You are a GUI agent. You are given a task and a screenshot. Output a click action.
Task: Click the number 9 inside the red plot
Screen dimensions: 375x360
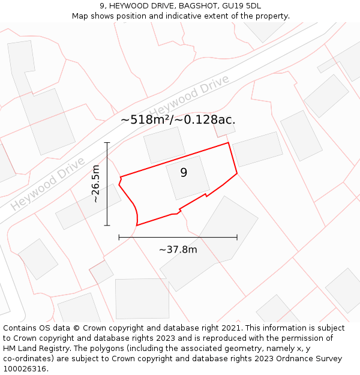click(x=184, y=173)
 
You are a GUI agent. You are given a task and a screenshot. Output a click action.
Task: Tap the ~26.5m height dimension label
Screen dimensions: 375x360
click(x=95, y=184)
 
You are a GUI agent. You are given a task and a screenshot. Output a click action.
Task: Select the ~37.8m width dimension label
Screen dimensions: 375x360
click(x=178, y=250)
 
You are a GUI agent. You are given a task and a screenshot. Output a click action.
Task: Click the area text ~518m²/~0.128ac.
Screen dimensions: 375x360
click(x=178, y=119)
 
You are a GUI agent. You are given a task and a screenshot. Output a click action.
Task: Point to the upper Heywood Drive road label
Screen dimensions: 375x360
click(x=190, y=96)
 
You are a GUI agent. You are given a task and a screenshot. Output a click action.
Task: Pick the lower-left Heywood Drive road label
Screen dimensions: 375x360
click(x=48, y=184)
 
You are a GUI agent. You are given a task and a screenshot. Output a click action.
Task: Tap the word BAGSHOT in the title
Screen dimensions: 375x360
click(x=191, y=6)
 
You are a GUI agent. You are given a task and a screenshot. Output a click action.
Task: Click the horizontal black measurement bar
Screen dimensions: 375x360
click(x=178, y=238)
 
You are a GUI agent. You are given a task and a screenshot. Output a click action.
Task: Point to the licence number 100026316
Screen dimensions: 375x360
click(x=26, y=369)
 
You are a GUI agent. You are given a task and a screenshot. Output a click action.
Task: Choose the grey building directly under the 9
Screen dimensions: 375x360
click(x=188, y=180)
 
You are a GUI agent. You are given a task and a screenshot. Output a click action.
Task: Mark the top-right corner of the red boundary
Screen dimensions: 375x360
click(x=229, y=143)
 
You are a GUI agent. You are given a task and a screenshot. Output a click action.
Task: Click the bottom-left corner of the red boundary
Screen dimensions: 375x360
click(x=137, y=225)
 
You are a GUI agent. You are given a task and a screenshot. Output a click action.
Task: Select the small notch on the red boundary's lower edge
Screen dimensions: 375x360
click(x=206, y=195)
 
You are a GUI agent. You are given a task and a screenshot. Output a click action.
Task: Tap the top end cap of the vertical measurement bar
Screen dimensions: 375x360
click(x=107, y=143)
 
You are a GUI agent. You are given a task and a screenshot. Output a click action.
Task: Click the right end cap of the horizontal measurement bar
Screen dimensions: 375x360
click(x=237, y=238)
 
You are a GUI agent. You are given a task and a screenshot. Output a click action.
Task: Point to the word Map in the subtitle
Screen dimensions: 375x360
click(x=80, y=16)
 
